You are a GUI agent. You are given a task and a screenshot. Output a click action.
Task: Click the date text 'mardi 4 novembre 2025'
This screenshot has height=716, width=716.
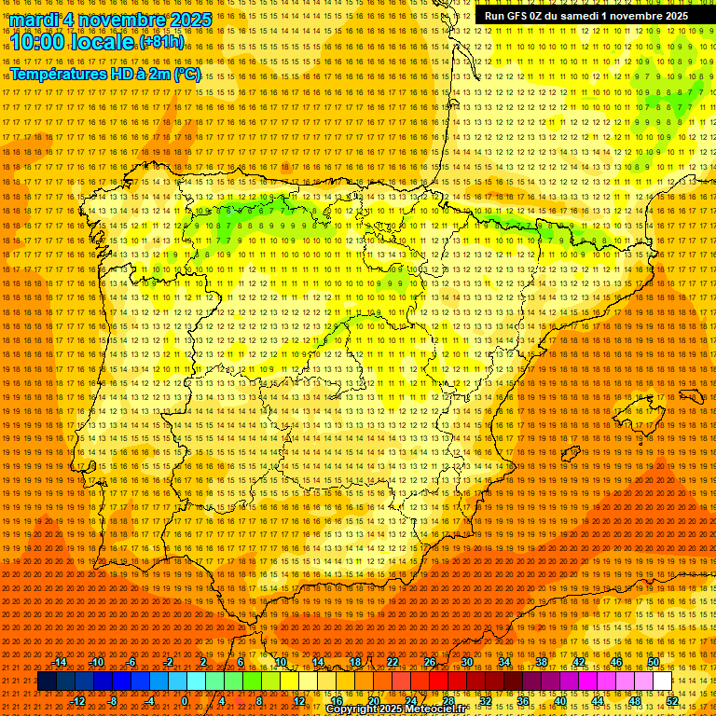click(x=111, y=20)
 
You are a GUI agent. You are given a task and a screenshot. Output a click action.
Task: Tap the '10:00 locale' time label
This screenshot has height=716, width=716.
click(x=73, y=41)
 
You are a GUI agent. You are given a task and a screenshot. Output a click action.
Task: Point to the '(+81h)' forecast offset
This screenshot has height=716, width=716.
click(x=161, y=42)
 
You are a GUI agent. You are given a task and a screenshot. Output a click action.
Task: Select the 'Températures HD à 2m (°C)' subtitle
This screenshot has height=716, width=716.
click(x=104, y=74)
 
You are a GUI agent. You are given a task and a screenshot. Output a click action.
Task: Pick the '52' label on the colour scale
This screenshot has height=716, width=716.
click(x=672, y=701)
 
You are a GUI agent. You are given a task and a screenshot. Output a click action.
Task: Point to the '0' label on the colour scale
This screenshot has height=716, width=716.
click(x=186, y=701)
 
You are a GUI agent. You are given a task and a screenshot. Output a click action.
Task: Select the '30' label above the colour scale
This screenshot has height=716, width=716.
click(x=466, y=662)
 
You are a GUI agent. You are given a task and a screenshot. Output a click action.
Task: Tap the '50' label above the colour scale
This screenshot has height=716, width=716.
click(x=654, y=662)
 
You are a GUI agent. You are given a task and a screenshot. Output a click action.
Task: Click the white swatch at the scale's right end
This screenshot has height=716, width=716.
click(x=663, y=682)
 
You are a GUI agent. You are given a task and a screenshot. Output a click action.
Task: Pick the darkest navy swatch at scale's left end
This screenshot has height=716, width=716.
click(x=47, y=682)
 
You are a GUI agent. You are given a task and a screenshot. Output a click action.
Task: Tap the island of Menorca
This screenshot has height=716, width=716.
click(x=691, y=395)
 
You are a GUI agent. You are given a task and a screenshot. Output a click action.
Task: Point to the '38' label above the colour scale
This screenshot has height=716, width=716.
click(x=541, y=662)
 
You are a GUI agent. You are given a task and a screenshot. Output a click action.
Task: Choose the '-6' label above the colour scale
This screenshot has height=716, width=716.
click(x=131, y=662)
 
